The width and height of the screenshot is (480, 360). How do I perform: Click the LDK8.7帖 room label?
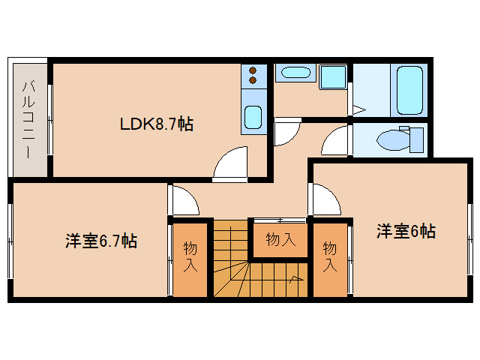tap(157, 124)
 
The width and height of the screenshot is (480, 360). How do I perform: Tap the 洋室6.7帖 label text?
tap(100, 241)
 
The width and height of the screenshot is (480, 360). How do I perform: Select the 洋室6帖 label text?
tap(406, 232)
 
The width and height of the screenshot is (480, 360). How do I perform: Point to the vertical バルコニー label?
tap(27, 118)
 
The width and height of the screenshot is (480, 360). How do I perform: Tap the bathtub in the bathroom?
tap(409, 90)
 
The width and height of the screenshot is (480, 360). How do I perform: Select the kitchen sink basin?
tap(253, 118)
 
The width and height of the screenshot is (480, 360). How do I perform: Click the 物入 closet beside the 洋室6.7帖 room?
tap(190, 256)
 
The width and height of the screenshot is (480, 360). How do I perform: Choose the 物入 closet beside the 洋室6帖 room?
tap(329, 256)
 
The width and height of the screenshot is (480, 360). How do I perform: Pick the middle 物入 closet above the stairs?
tap(280, 240)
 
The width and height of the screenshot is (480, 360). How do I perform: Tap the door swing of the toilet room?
tap(337, 140)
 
